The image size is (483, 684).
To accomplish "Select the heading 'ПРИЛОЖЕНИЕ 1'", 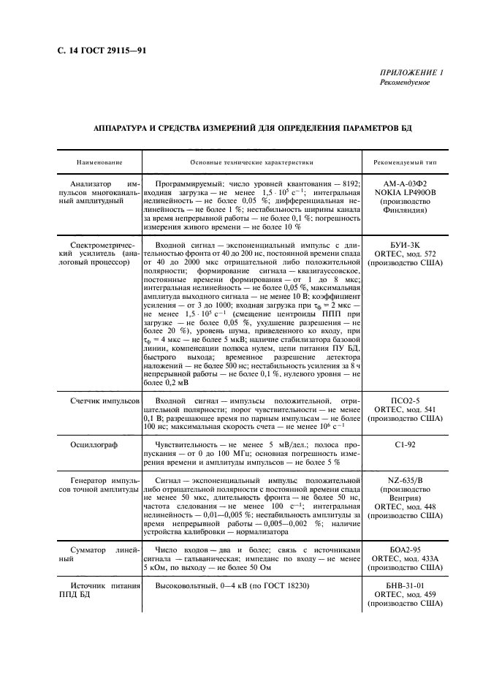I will click(x=411, y=72).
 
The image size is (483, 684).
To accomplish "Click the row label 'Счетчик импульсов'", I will click(x=102, y=402).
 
